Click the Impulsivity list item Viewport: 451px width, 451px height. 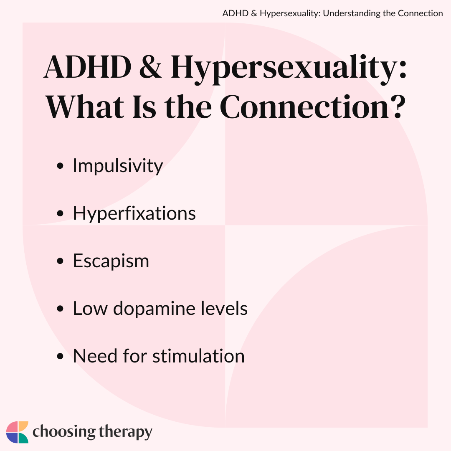click(118, 166)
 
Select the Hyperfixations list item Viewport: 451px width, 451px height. click(134, 213)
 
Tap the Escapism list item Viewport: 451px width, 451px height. click(111, 261)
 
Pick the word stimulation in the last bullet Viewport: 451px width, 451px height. click(198, 356)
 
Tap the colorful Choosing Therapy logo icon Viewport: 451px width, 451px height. click(17, 432)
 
